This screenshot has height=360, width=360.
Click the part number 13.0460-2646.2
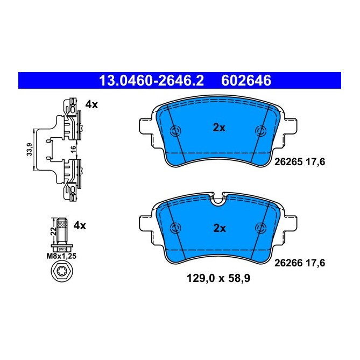tap(151, 81)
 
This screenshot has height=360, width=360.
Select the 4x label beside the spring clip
tap(91, 105)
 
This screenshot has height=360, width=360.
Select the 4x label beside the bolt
tap(80, 225)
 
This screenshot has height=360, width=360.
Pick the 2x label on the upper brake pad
tap(218, 128)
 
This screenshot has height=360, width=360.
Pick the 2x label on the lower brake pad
tap(219, 228)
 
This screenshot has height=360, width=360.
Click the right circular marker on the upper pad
tap(261, 131)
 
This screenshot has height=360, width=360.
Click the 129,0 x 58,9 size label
tap(218, 279)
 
